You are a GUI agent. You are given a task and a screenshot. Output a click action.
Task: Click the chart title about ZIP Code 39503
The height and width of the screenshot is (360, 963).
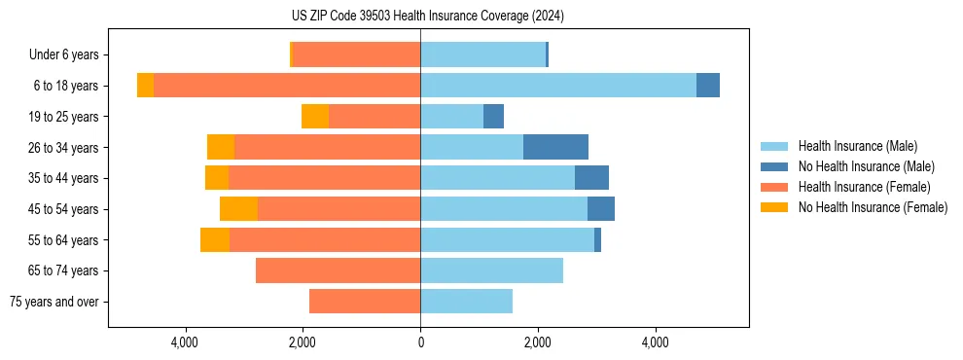pos(420,17)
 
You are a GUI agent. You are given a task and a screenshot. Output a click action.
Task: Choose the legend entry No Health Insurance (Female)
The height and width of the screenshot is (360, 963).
pos(873,207)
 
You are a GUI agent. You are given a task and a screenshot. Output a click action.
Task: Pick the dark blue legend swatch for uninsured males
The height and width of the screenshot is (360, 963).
pos(775,166)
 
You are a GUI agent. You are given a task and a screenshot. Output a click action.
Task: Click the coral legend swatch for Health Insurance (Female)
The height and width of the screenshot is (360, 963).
pos(775,187)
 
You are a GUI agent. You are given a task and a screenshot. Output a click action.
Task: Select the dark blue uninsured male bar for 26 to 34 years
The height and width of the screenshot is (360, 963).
pos(555,147)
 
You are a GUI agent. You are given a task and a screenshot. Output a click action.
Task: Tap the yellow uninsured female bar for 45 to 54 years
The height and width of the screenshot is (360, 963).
pos(238,209)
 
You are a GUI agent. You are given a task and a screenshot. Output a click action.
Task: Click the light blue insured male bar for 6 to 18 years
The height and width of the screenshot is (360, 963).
pos(558,86)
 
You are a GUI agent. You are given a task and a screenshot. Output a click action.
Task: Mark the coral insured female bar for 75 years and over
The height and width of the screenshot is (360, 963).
pos(365,302)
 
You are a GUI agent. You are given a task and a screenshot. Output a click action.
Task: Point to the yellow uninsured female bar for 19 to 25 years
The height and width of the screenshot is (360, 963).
pos(315,117)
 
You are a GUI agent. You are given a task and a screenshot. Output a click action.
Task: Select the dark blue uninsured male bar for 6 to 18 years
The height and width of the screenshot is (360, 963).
pos(708,86)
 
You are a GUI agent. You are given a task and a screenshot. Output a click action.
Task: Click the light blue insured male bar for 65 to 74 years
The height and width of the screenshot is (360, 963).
pos(491,270)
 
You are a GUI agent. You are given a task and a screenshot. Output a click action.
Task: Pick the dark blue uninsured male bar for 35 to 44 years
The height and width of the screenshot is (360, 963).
pos(591,178)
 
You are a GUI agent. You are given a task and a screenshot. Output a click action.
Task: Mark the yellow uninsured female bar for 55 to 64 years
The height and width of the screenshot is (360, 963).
pos(215,240)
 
